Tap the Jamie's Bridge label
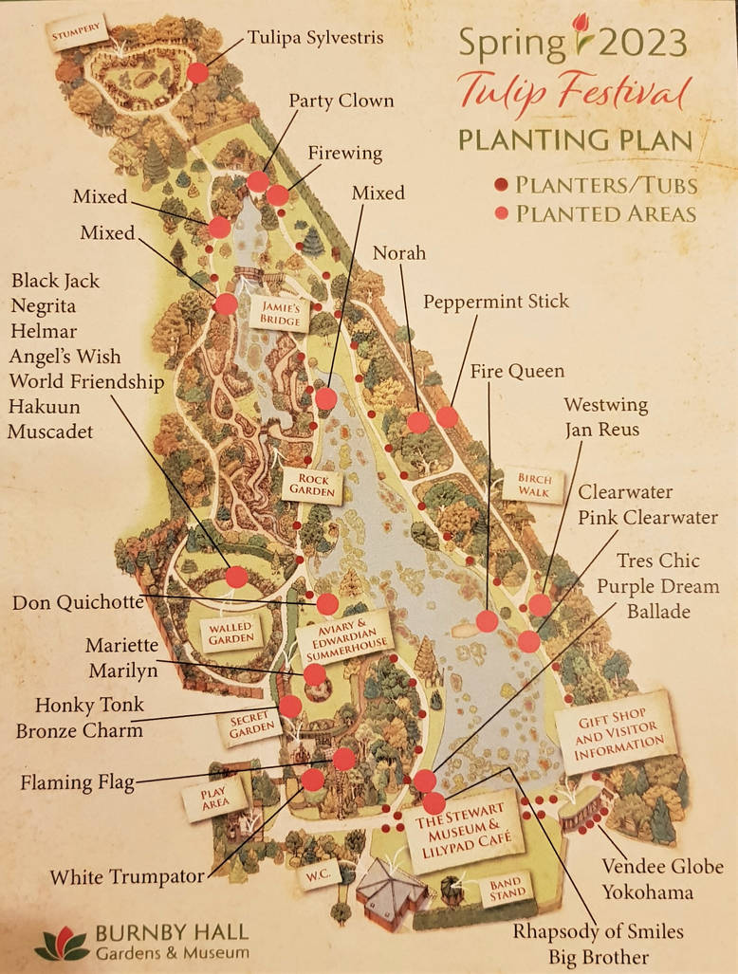pos(281,314)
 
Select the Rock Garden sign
pos(312,486)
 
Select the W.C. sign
pos(316,875)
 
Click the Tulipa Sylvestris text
pos(315,38)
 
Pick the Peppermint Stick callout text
pos(495,302)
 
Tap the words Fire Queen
pos(517,371)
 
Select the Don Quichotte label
pos(78,602)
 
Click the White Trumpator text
pos(127,876)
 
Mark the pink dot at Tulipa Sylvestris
pos(197,73)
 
